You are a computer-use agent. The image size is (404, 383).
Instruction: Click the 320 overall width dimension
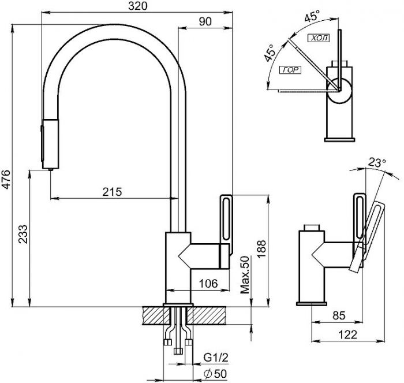pyautogui.click(x=138, y=6)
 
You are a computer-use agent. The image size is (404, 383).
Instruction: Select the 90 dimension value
pyautogui.click(x=205, y=22)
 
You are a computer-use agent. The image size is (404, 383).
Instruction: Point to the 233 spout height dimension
pyautogui.click(x=23, y=234)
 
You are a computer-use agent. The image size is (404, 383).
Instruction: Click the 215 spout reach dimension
pyautogui.click(x=112, y=192)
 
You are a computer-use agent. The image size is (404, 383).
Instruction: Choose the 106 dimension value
pyautogui.click(x=208, y=284)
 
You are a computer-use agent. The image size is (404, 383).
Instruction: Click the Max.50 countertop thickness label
pyautogui.click(x=245, y=275)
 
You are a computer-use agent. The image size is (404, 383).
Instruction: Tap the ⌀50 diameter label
pyautogui.click(x=215, y=374)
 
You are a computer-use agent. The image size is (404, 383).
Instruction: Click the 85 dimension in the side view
pyautogui.click(x=339, y=315)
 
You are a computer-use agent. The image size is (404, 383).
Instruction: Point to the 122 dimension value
pyautogui.click(x=347, y=334)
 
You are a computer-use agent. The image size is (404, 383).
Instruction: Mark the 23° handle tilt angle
pyautogui.click(x=377, y=162)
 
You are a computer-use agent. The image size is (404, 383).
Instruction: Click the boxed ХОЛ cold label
pyautogui.click(x=319, y=38)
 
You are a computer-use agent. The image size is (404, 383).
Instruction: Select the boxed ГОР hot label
pyautogui.click(x=290, y=70)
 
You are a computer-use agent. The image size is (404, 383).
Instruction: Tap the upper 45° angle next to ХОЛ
pyautogui.click(x=312, y=16)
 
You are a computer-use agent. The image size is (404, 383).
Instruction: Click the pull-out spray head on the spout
pyautogui.click(x=50, y=144)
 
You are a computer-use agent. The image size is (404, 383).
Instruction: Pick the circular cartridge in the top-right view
pyautogui.click(x=339, y=91)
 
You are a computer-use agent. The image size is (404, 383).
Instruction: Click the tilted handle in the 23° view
pyautogui.click(x=366, y=236)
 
